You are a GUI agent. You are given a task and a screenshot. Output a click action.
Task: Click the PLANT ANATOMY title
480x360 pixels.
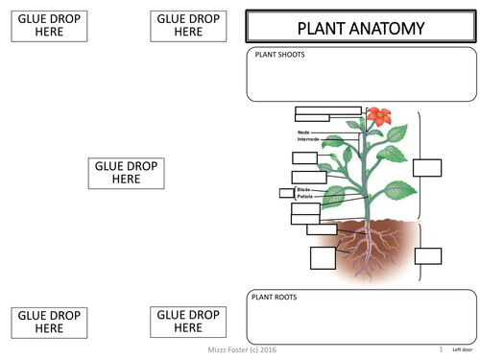pyautogui.click(x=360, y=28)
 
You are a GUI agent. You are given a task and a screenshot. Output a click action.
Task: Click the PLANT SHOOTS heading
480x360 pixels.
pyautogui.click(x=279, y=55)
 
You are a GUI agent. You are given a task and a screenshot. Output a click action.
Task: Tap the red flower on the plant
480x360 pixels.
pyautogui.click(x=376, y=117)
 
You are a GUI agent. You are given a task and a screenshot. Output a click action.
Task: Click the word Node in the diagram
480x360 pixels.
pyautogui.click(x=303, y=132)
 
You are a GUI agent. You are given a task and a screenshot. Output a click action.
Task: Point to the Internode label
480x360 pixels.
pyautogui.click(x=308, y=139)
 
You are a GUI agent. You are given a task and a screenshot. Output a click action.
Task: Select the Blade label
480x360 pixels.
pyautogui.click(x=304, y=189)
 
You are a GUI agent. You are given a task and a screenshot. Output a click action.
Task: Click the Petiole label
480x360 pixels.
pyautogui.click(x=305, y=197)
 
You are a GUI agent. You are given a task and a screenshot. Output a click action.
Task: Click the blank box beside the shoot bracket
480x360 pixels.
pyautogui.click(x=428, y=168)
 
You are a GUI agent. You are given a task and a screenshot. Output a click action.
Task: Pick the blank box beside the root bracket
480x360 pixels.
pyautogui.click(x=428, y=255)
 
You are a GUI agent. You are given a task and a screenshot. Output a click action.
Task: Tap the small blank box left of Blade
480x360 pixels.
pyautogui.click(x=285, y=193)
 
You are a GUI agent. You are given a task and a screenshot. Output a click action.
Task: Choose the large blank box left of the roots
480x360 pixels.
pyautogui.click(x=323, y=258)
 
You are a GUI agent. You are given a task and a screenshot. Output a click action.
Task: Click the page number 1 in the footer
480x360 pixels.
pyautogui.click(x=440, y=351)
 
